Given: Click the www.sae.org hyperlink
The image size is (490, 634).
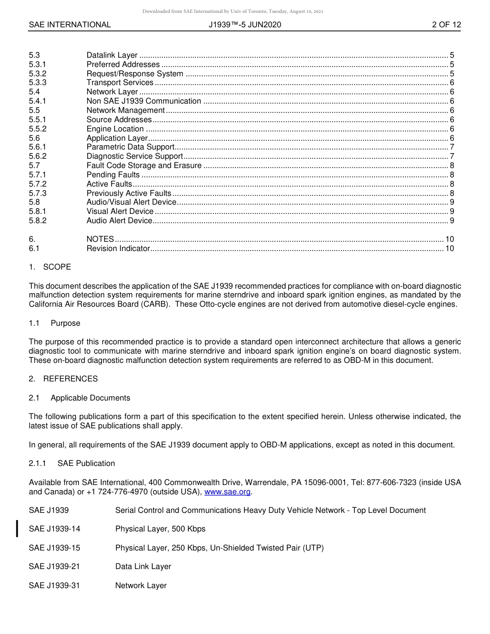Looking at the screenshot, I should (x=227, y=492).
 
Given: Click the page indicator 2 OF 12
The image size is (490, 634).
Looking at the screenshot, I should (x=446, y=25).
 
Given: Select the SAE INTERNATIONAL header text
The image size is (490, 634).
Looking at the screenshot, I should (x=70, y=25).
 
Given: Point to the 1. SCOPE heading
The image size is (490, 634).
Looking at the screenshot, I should (x=50, y=267).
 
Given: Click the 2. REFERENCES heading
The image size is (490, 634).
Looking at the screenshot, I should (x=63, y=379).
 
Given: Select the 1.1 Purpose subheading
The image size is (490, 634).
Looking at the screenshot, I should (x=55, y=323).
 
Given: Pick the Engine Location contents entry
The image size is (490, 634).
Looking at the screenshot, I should (x=115, y=129).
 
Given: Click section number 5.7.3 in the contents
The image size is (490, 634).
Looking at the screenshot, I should (x=38, y=193).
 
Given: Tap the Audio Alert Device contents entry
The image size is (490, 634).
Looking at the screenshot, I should (x=119, y=221).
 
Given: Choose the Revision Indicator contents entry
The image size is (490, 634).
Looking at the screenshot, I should (x=118, y=248).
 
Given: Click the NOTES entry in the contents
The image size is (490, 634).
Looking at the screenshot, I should (x=100, y=239).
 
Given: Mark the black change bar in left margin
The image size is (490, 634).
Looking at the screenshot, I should (x=18, y=529).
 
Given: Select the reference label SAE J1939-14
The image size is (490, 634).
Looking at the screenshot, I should (x=55, y=529).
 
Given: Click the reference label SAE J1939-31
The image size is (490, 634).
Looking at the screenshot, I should (x=55, y=586).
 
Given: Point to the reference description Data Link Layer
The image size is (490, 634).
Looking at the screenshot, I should (x=143, y=566).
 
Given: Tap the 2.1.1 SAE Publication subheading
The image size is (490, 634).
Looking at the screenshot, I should (x=72, y=463).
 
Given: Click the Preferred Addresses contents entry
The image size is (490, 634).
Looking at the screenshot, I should (x=123, y=64).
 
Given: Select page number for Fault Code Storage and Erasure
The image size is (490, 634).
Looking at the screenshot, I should (x=452, y=165).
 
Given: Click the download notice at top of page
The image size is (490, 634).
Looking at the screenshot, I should (x=233, y=11).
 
